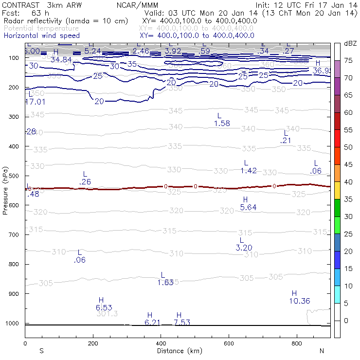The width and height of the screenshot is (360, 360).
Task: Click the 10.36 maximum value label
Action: coord(299,301)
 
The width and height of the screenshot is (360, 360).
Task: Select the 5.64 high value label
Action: coord(248,207)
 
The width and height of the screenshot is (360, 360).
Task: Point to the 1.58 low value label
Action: coord(222,124)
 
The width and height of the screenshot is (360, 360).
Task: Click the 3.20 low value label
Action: coord(244,248)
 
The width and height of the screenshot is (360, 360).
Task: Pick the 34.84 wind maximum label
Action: coord(61,59)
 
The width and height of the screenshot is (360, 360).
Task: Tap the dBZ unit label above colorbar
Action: coord(350,44)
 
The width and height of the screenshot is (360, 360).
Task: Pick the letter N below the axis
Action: coord(322,351)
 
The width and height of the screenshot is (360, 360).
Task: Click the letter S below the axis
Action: coord(41,351)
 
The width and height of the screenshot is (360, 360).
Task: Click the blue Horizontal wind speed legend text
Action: coord(41,36)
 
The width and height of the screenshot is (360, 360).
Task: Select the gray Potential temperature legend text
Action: coord(41,28)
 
